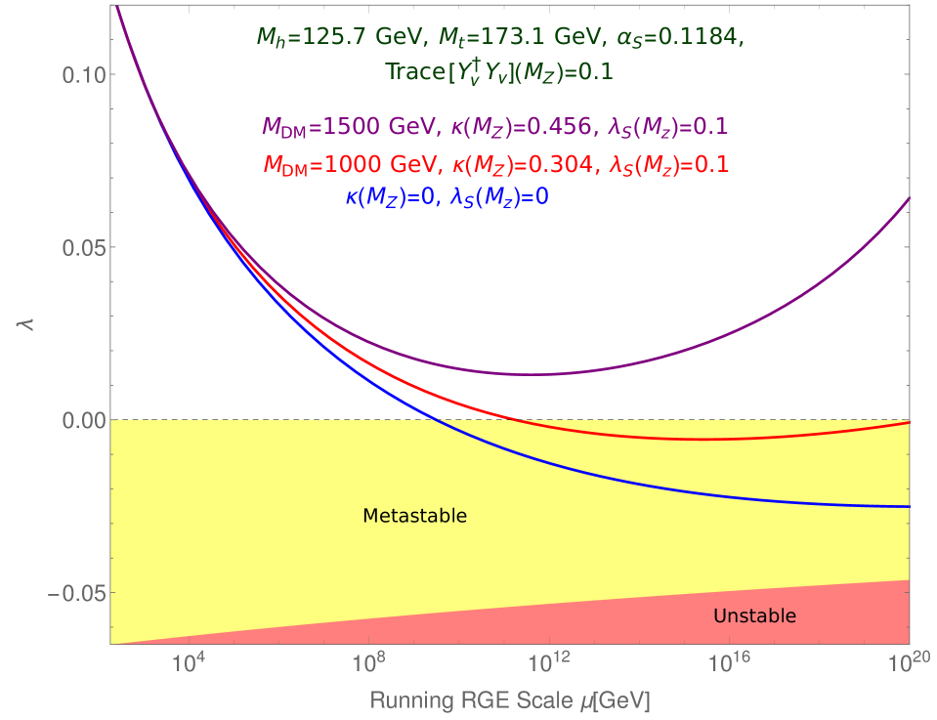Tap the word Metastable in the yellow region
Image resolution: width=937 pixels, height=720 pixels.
click(x=414, y=516)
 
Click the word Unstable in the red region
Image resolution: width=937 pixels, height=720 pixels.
click(x=754, y=616)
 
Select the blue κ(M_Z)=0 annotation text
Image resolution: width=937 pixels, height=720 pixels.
click(x=447, y=197)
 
